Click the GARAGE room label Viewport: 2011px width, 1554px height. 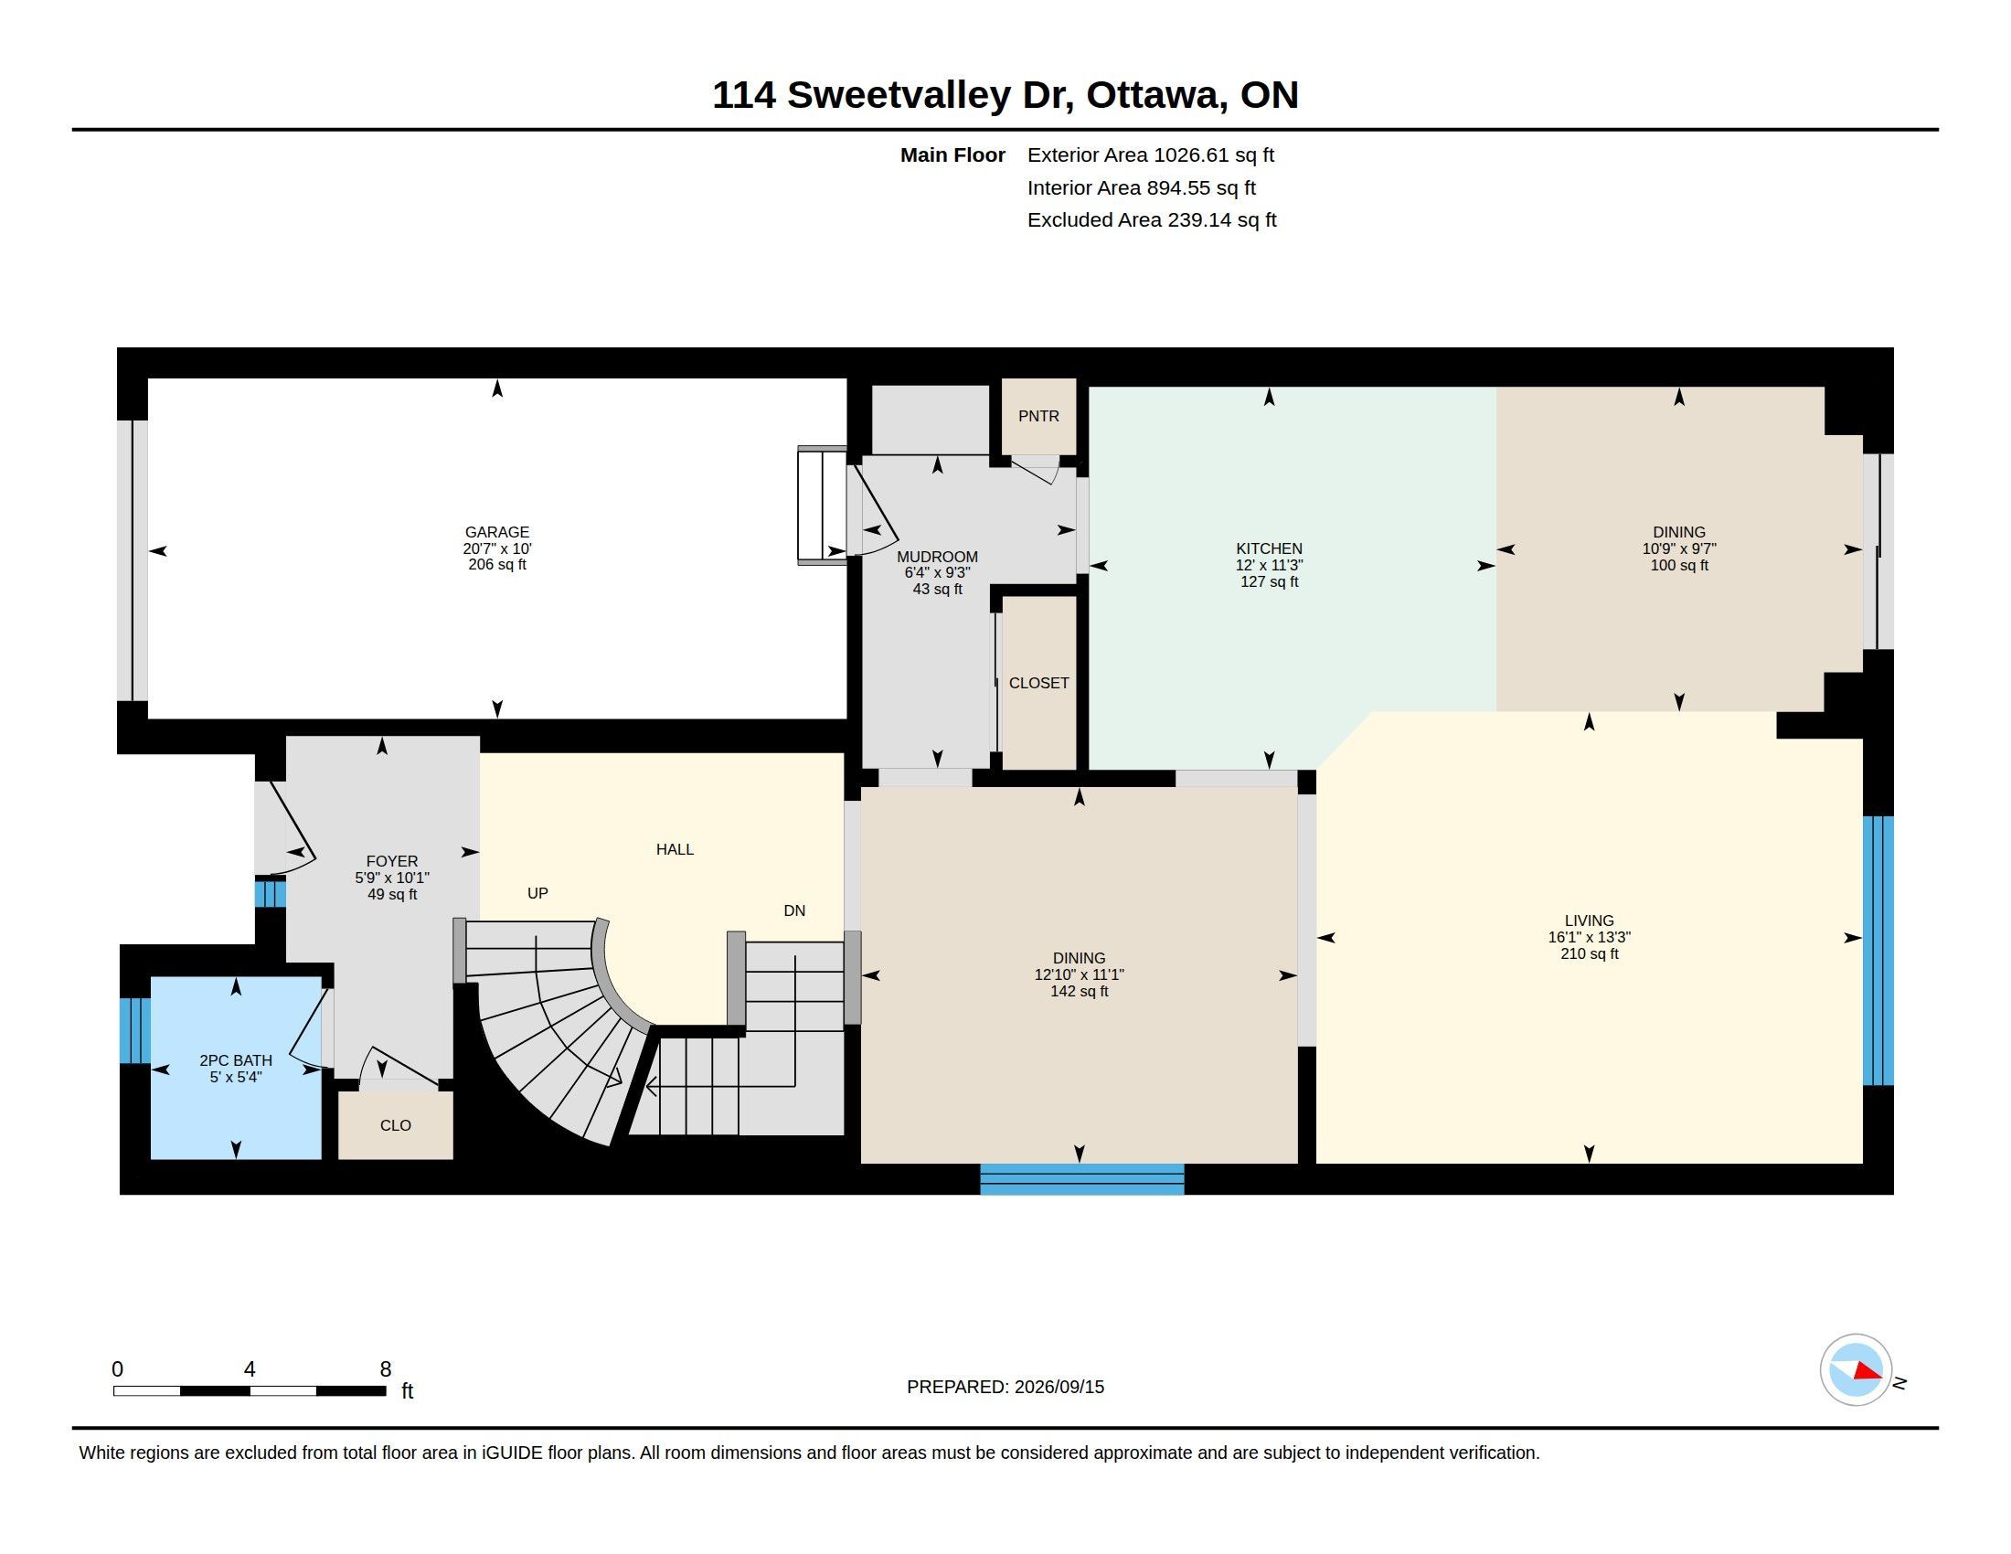[497, 532]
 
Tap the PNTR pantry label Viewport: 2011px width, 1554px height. [1038, 416]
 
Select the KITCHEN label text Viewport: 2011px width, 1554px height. [1269, 548]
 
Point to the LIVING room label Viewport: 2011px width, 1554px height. [1590, 921]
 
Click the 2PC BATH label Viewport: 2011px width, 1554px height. [236, 1060]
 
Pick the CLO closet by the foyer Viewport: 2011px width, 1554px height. [396, 1125]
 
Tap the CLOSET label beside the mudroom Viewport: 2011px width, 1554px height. [1038, 683]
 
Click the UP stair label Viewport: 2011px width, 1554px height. [537, 893]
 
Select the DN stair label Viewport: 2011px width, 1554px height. [794, 910]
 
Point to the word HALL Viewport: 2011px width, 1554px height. [675, 850]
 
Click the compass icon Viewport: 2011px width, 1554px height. [1857, 1370]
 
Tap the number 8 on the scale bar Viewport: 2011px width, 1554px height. [386, 1369]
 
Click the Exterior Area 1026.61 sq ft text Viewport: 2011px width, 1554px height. [1151, 154]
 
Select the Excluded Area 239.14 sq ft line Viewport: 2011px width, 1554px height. [1152, 220]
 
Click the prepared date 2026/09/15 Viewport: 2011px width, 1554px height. [1059, 1387]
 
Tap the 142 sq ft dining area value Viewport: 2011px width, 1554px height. [1080, 992]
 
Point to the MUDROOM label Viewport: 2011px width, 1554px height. [937, 557]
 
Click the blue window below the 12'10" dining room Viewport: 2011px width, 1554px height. [1082, 1179]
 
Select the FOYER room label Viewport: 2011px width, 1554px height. [392, 862]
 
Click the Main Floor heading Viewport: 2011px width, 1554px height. [953, 154]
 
